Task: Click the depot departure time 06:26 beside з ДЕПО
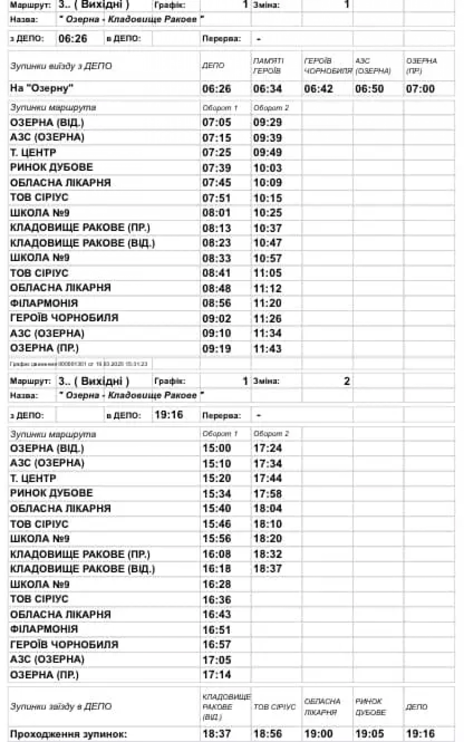(73, 39)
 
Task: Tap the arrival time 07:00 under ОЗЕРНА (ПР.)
(420, 89)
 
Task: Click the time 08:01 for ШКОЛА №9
(216, 213)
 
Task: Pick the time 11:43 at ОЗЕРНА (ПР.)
(267, 349)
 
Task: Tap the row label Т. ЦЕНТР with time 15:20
(33, 478)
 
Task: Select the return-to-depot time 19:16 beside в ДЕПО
(168, 415)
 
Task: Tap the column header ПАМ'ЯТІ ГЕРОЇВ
(268, 66)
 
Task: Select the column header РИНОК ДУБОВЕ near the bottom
(370, 707)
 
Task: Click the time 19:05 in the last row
(370, 734)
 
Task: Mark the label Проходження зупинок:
(68, 734)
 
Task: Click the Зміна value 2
(347, 381)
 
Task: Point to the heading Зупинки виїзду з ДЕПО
(61, 66)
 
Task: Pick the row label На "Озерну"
(42, 88)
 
